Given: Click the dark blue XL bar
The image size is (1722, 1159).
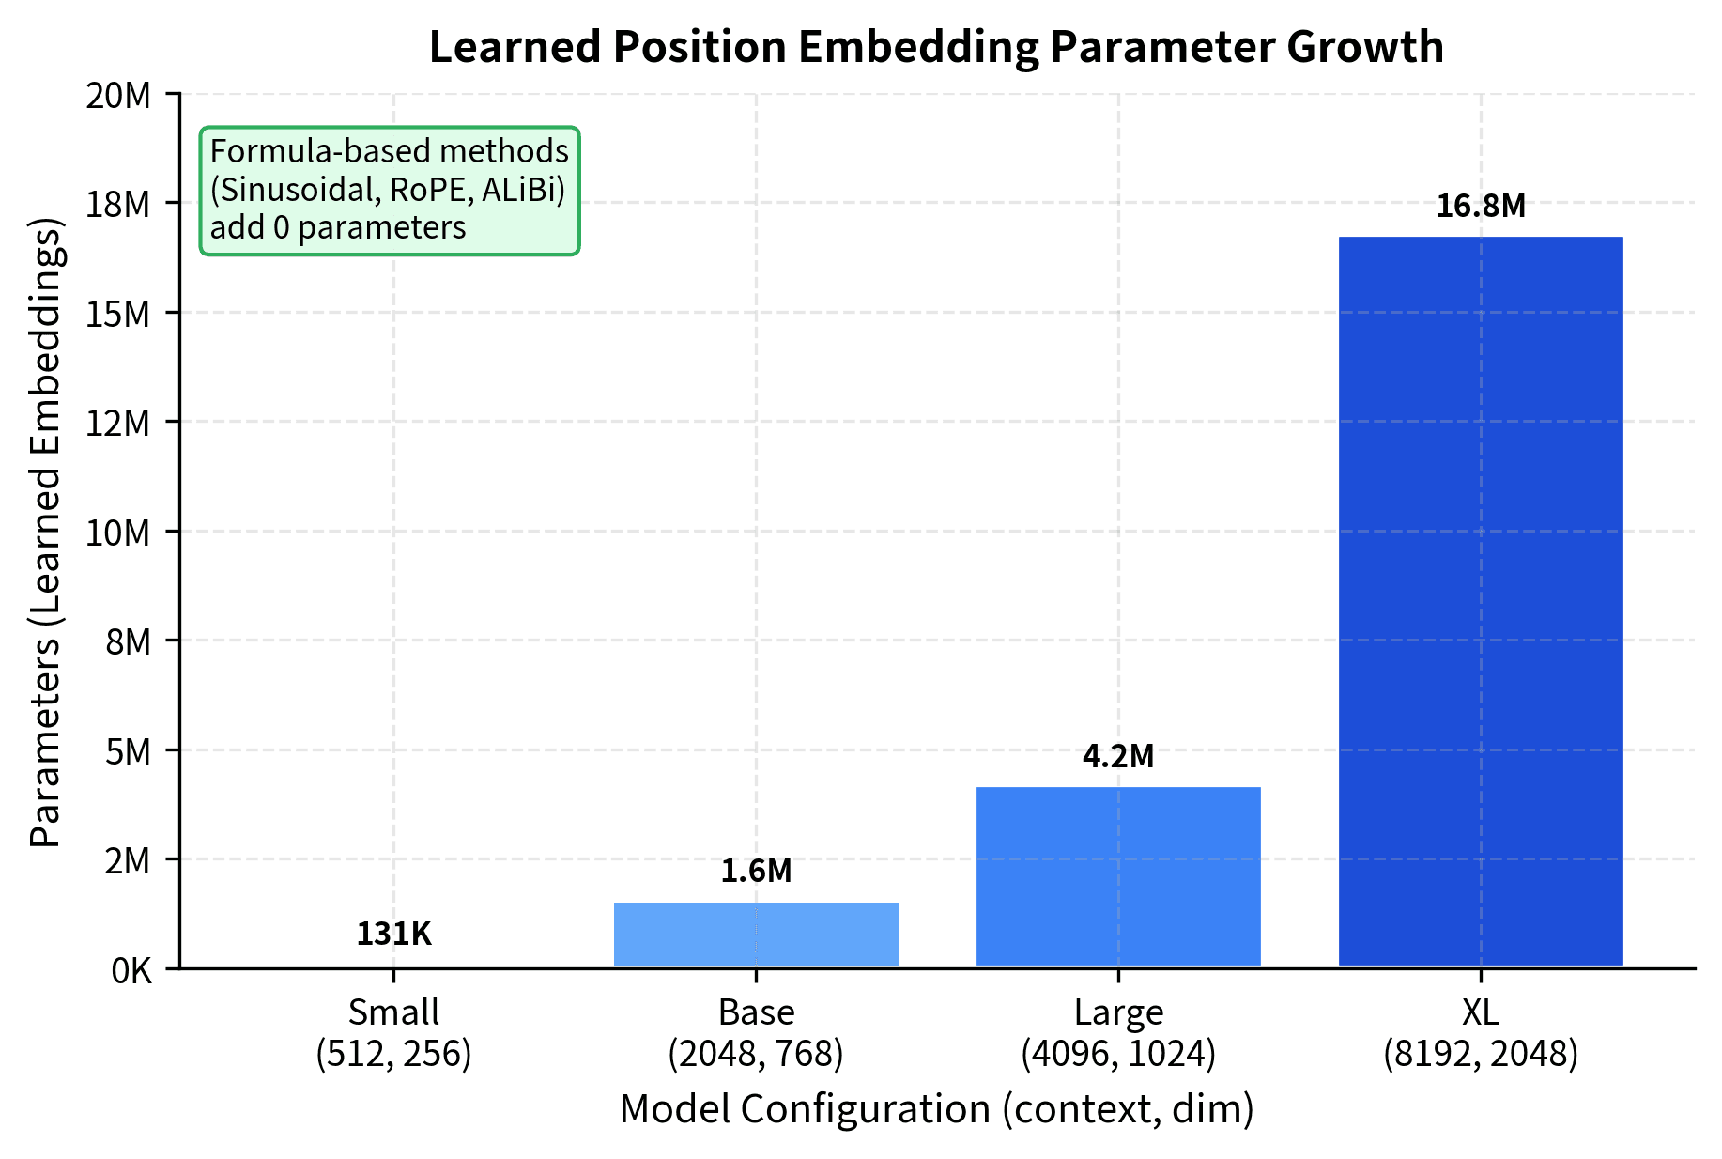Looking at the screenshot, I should coord(1481,601).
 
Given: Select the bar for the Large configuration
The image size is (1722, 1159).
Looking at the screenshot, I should coord(1118,876).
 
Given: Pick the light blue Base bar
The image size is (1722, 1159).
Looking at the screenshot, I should coord(756,934).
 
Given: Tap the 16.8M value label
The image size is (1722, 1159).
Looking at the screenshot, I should coord(1481,206).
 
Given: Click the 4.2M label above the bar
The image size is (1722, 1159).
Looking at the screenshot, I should coord(1118,756).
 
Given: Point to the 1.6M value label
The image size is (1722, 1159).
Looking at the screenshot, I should coord(756,872).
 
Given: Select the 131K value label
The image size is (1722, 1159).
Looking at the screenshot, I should coord(393,934).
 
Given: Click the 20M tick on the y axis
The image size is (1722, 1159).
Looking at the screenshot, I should coord(118,95).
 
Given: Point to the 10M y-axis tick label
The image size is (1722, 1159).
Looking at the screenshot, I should coord(118,533).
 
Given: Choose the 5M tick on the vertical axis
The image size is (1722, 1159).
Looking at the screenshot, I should coord(128,751).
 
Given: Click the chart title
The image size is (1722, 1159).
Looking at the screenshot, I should coord(936,47).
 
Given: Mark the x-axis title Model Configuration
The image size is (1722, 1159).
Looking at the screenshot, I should coord(936,1109).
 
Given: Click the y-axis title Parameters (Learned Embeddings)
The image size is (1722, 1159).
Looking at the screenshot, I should coord(44,533).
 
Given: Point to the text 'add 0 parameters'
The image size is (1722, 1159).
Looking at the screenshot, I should coord(338,228).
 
